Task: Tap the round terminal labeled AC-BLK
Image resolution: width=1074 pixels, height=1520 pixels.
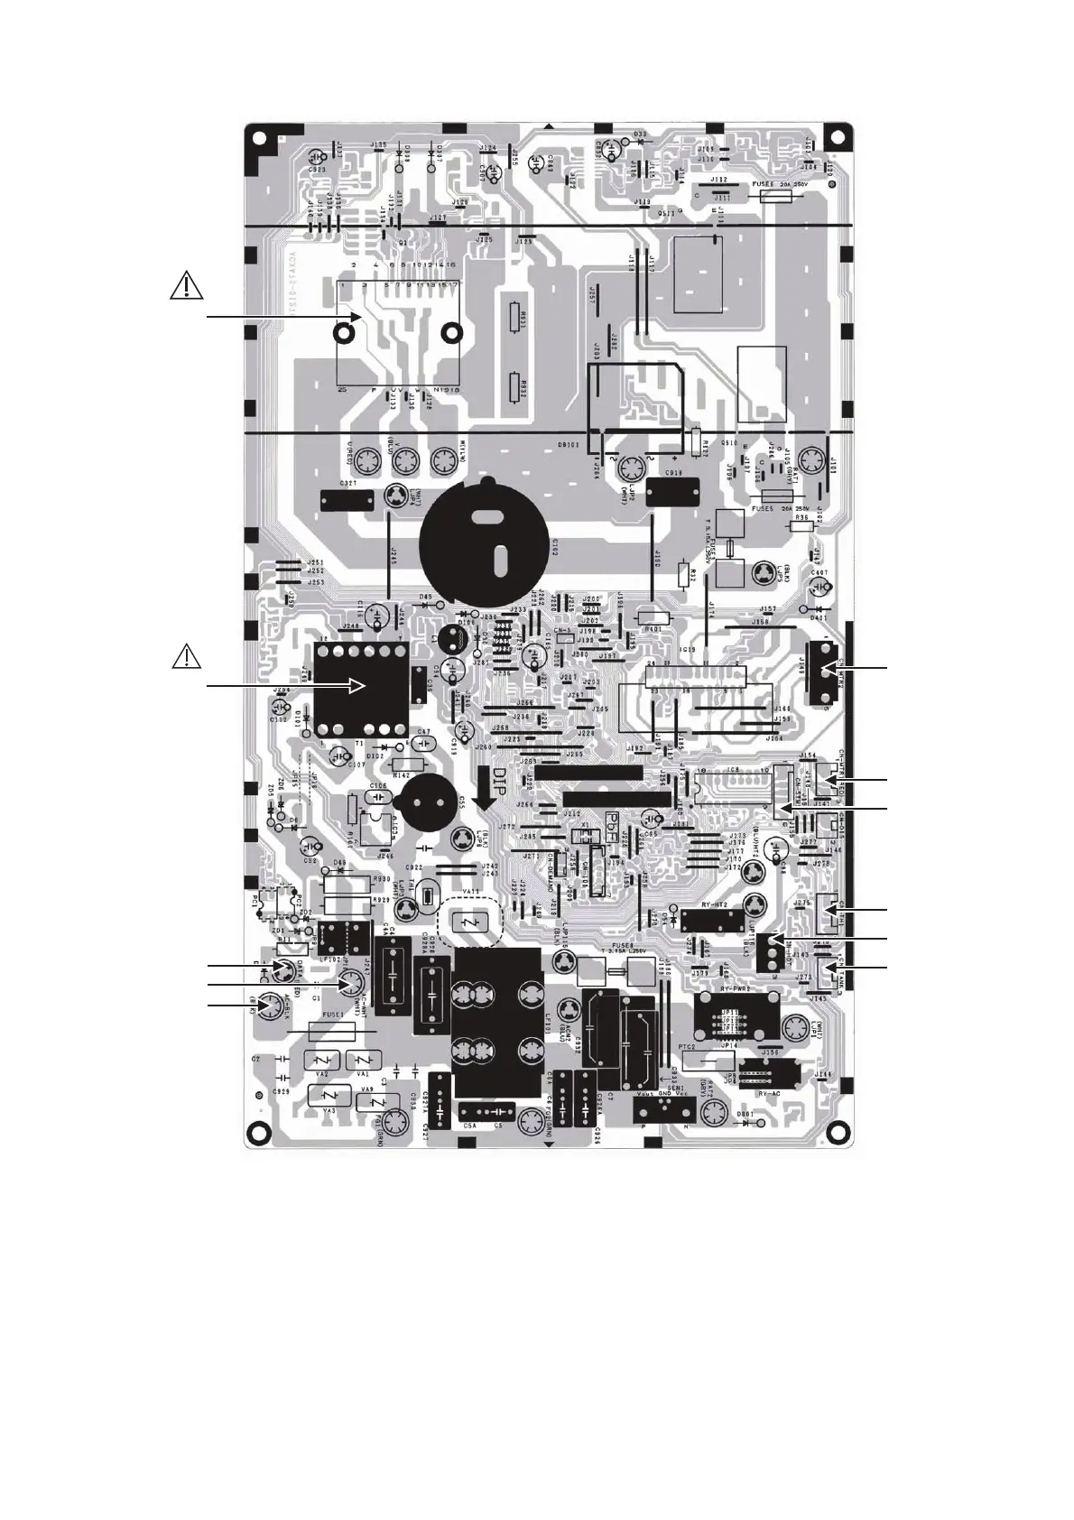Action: pyautogui.click(x=267, y=1006)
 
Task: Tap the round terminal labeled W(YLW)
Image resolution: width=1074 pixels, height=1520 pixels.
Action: pyautogui.click(x=442, y=463)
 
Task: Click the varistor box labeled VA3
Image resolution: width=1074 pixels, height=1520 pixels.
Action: pyautogui.click(x=325, y=1095)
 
